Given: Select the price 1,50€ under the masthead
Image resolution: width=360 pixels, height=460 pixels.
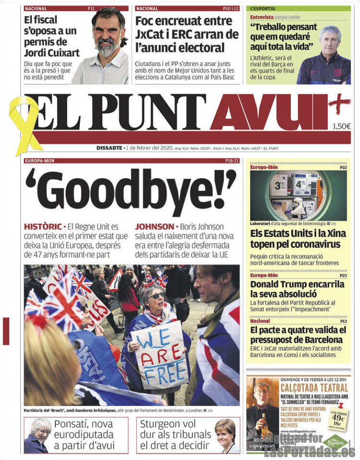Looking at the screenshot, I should pos(341,127).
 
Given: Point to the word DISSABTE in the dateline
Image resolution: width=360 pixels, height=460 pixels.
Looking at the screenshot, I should pos(109,148).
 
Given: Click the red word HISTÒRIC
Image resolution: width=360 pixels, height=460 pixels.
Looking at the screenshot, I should pos(43,226).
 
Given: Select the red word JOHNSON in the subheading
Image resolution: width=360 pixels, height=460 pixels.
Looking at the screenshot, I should pos(154,226).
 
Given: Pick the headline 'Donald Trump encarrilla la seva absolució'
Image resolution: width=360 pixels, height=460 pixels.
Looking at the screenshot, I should pos(297,289).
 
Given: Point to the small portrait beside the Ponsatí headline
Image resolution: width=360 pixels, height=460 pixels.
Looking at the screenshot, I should pos(38,435).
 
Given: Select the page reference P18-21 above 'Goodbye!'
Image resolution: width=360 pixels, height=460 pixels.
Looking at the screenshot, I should pos(231,160).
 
